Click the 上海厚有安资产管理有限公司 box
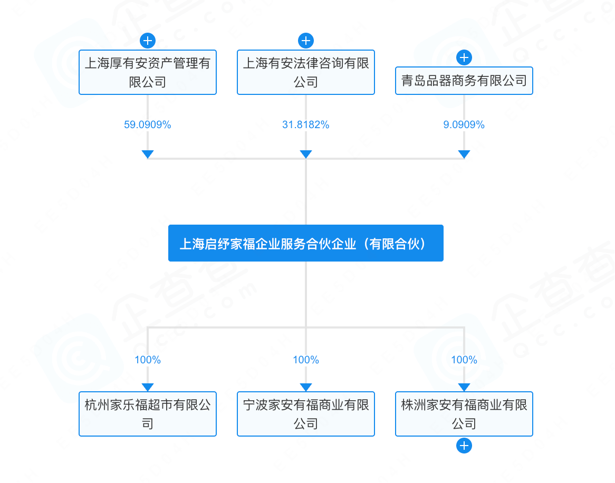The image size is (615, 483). pos(148,72)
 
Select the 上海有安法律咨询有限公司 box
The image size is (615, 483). pos(306,72)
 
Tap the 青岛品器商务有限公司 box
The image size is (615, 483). pos(464,81)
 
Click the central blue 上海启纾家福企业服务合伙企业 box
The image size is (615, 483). pos(306,243)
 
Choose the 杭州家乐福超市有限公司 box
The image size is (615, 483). pos(148,414)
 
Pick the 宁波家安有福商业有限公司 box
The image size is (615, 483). pos(306,414)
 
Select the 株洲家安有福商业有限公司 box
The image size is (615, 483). pos(464,414)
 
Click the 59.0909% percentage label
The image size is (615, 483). pos(148,125)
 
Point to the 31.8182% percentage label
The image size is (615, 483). pos(306,125)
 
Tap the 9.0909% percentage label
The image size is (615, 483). pos(464,125)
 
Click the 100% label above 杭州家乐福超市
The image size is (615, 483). pos(148,360)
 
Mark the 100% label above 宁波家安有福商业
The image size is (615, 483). pos(306,360)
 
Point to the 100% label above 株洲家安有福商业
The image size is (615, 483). pos(464,360)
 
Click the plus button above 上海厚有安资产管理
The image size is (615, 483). pos(148,41)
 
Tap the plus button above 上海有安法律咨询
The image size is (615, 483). pos(306,41)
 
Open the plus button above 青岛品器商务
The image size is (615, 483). pos(464,57)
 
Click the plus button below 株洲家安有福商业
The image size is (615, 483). pos(464,446)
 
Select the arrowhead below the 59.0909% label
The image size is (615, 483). pos(148,154)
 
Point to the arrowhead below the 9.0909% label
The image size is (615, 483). pos(464,154)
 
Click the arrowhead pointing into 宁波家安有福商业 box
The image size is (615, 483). pos(306,387)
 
